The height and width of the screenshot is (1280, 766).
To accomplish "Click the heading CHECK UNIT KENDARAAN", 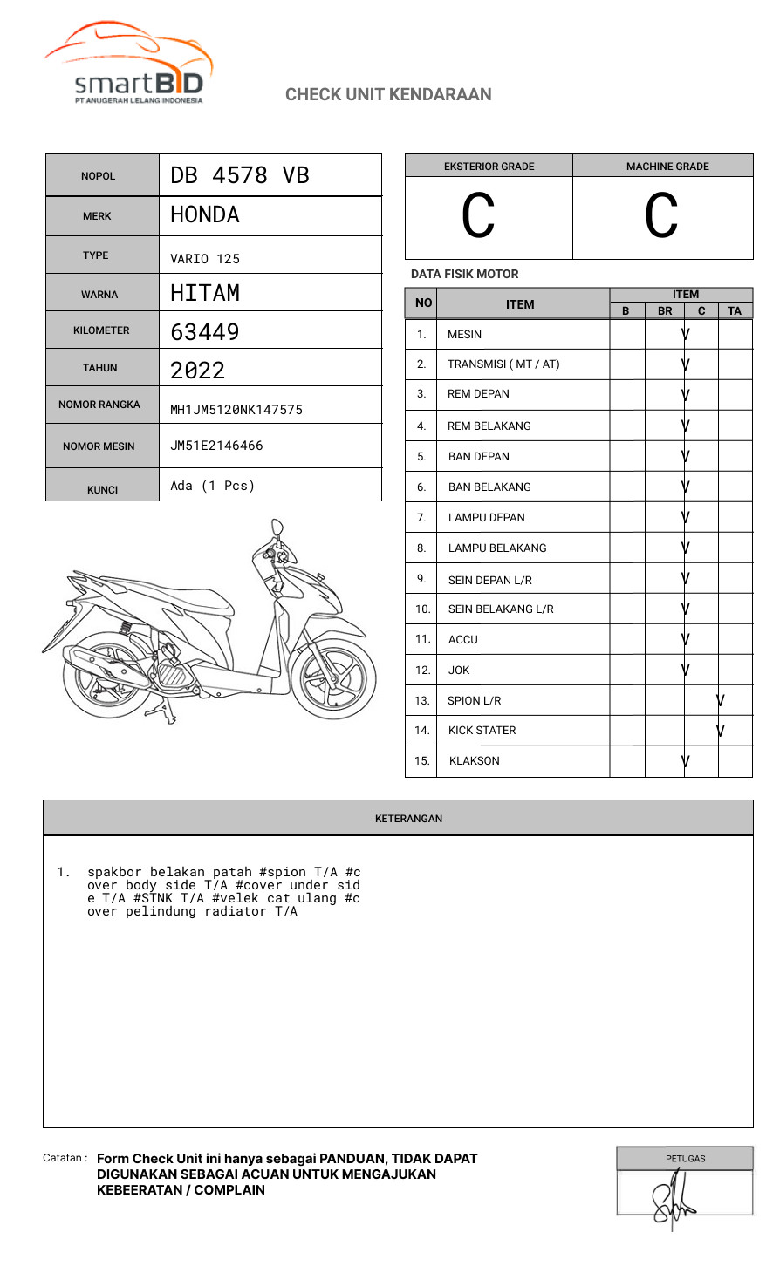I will coord(388,94).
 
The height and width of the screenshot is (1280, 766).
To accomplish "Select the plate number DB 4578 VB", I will coord(240,175).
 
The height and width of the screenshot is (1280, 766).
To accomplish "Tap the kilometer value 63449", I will coord(205,331).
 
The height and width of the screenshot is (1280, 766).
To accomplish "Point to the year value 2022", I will coord(198,371).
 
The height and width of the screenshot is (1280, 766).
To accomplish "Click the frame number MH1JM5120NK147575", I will coord(236,410).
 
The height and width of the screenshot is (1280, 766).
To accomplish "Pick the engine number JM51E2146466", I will coord(216,446).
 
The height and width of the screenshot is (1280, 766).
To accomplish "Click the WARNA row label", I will coord(99,295).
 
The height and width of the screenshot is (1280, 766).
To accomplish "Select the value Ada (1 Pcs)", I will coord(212,486).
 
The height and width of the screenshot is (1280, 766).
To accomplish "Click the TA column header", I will coord(735,310).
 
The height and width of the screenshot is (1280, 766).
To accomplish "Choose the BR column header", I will coord(665,310).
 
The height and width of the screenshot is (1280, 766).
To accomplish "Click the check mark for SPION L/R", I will coord(721,700).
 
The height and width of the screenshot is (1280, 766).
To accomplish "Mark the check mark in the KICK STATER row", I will coord(721,731).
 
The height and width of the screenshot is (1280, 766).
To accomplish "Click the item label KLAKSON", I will coord(474,761).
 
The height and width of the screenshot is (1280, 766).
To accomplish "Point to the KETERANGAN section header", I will coord(408,819).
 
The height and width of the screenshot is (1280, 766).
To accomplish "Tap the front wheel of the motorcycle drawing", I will coord(332,679).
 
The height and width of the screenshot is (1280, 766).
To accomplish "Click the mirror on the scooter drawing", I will coord(277,528).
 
